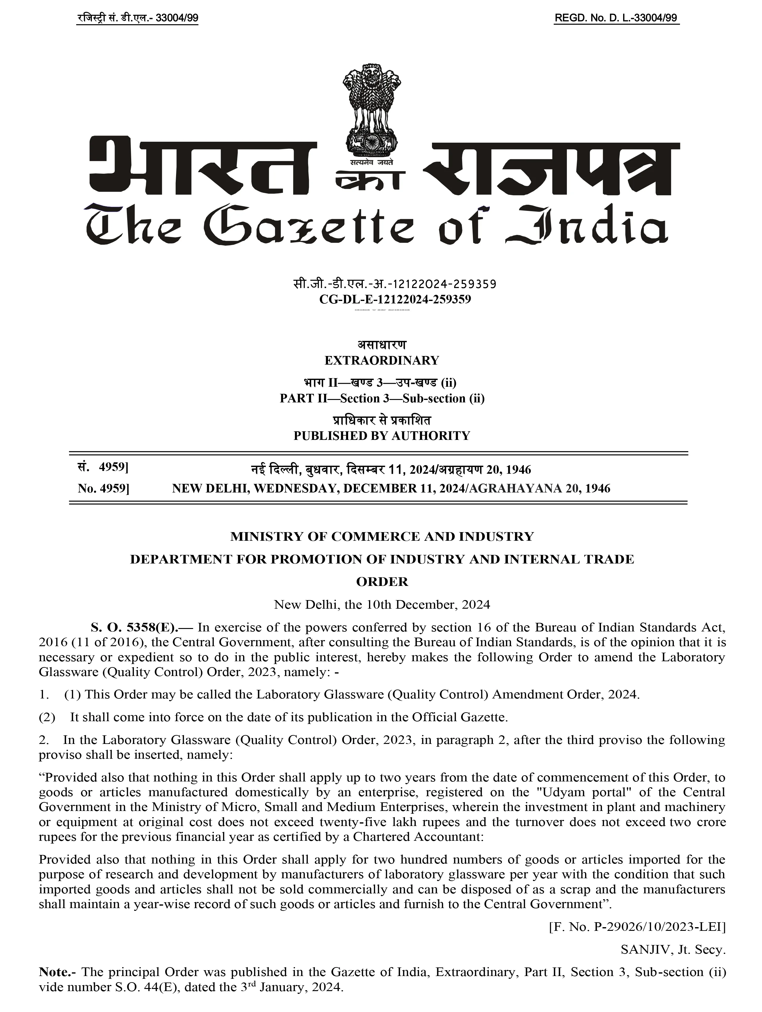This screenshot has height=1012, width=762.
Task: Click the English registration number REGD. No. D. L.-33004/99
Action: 616,18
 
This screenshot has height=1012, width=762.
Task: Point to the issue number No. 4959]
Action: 103,488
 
